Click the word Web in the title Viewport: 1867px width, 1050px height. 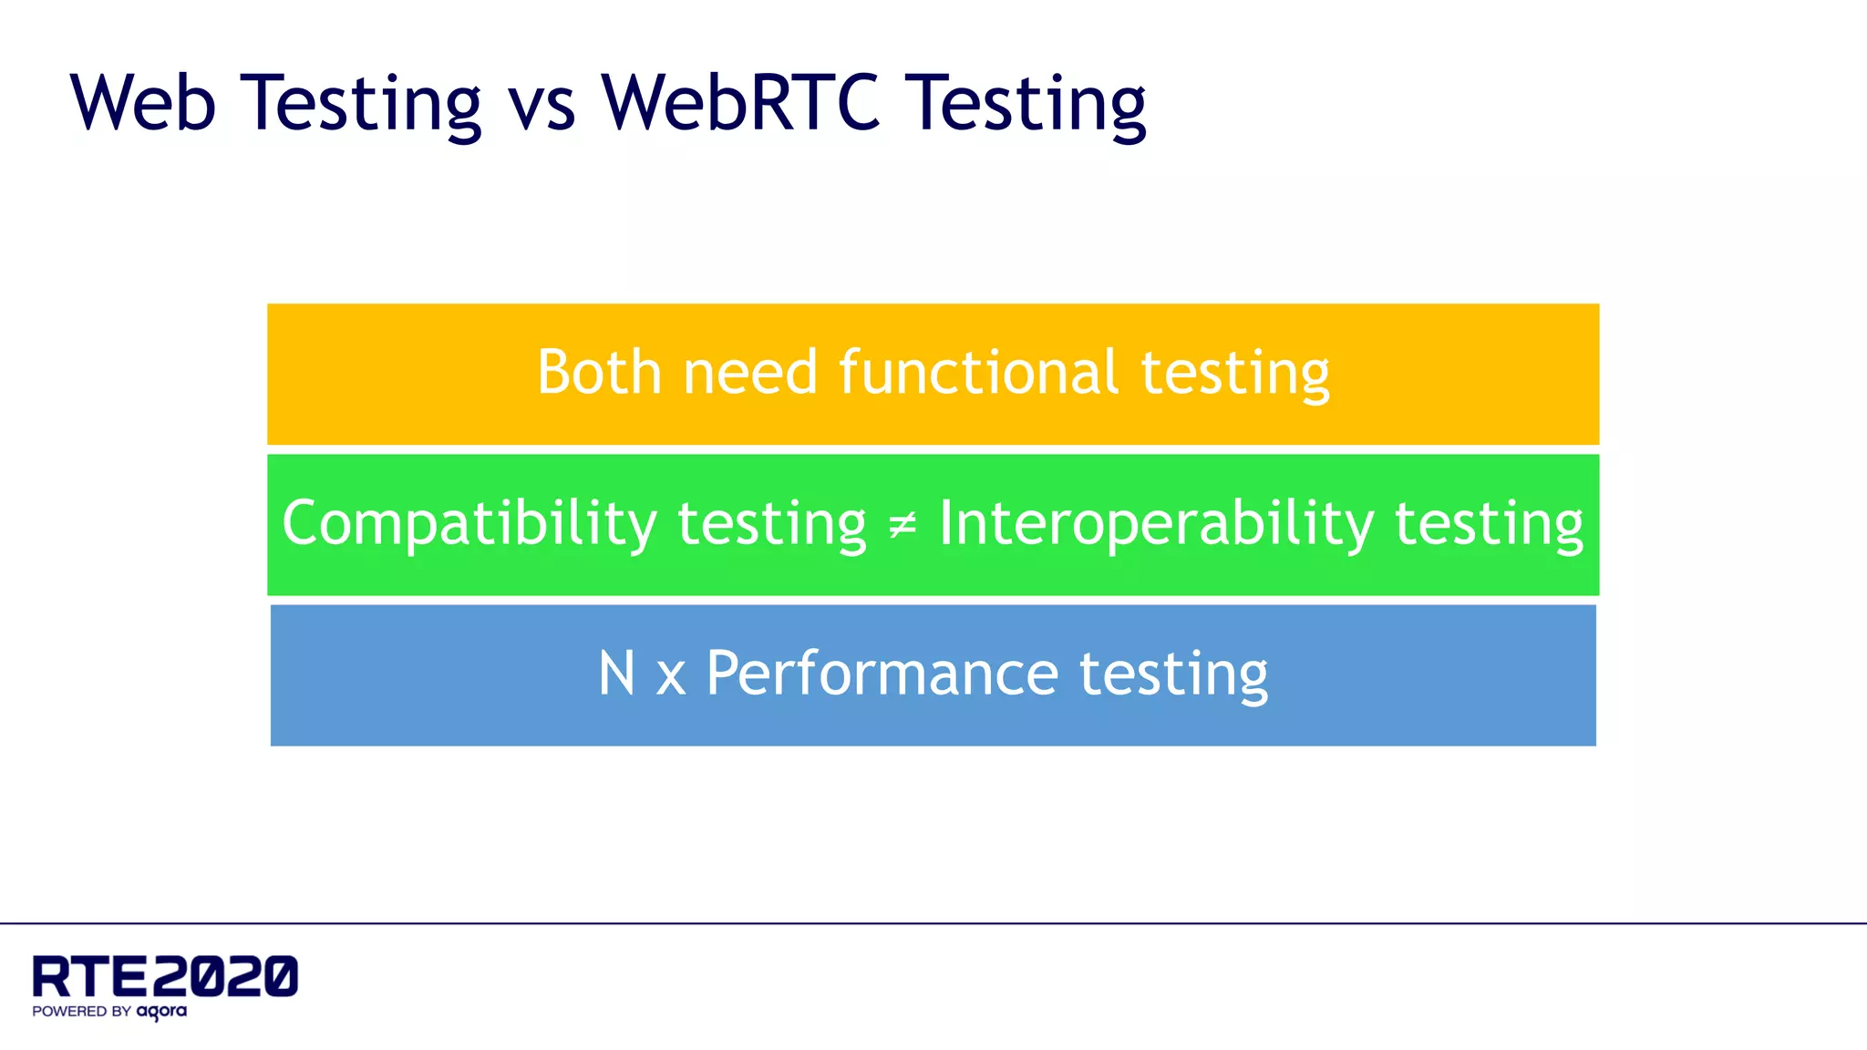point(143,102)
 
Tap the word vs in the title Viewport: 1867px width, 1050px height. point(542,102)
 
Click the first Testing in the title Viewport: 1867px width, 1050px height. point(361,104)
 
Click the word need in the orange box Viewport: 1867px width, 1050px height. point(750,373)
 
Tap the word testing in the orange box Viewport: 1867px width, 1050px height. point(1235,375)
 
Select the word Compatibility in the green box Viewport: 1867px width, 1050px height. point(469,524)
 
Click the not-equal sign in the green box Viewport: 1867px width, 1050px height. point(902,525)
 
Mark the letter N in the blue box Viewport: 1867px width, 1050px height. point(616,674)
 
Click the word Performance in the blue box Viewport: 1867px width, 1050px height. point(882,674)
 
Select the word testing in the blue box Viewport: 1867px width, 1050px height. point(1173,675)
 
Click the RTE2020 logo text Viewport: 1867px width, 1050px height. point(165,976)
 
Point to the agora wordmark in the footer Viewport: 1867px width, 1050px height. point(161,1012)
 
